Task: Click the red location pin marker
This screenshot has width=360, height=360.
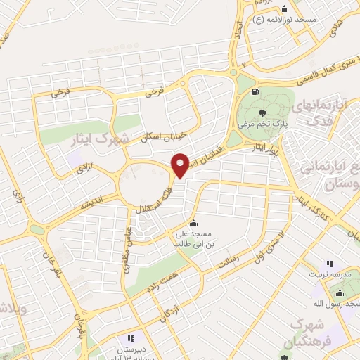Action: tap(181, 165)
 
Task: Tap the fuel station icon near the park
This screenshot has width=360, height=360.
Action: tap(254, 91)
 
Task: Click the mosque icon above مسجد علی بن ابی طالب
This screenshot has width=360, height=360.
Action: tap(194, 224)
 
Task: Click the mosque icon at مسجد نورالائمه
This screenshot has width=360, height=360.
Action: tap(284, 8)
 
